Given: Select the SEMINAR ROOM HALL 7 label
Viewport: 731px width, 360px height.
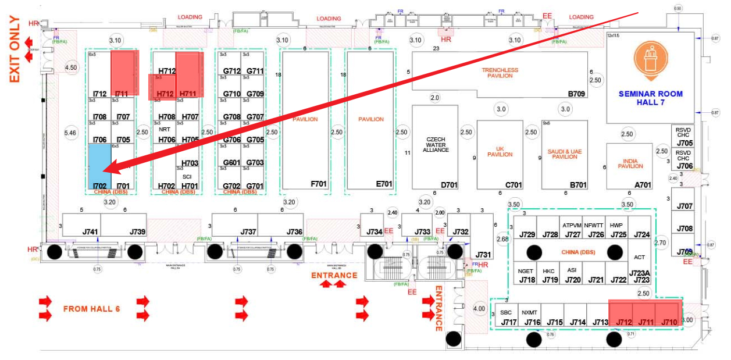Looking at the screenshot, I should click(650, 98).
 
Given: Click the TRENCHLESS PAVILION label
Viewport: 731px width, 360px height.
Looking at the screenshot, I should click(500, 73).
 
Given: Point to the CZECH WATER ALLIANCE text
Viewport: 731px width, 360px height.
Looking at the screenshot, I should click(436, 144).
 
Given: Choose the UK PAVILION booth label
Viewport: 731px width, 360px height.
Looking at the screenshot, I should click(500, 151).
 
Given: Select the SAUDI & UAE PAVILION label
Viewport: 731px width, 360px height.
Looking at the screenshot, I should click(564, 154).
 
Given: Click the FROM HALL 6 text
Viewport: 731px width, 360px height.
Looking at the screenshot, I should click(91, 309).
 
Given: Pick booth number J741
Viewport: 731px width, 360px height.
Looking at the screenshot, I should click(90, 232).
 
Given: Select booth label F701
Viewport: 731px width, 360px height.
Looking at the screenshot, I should click(319, 184).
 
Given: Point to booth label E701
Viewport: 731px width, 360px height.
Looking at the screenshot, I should click(384, 184).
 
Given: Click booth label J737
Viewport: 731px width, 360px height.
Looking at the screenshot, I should click(248, 232).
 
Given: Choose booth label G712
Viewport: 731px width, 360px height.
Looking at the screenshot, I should click(232, 71).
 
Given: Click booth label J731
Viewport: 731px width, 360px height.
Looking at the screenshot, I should click(483, 255).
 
